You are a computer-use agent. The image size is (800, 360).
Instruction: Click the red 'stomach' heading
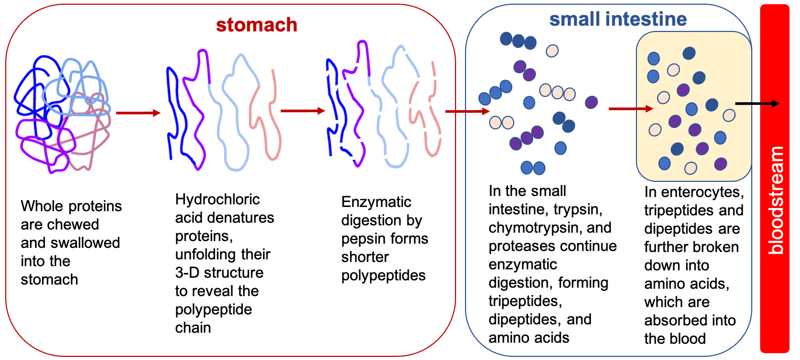[256, 25]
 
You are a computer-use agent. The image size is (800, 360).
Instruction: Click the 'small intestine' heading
[618, 19]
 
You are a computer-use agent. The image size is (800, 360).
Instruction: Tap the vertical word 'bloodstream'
[776, 200]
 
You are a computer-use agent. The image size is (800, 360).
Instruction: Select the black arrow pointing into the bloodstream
[757, 104]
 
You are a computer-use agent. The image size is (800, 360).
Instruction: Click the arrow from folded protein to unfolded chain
[138, 113]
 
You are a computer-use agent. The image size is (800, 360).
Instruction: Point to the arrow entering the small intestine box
[468, 112]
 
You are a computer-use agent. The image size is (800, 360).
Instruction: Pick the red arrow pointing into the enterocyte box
[631, 108]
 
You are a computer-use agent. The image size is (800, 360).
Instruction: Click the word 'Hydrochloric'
[217, 199]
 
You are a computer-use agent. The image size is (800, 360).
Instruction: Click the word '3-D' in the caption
[187, 272]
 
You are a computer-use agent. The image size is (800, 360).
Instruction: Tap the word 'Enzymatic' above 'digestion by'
[376, 202]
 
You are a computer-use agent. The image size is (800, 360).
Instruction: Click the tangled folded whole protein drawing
[62, 114]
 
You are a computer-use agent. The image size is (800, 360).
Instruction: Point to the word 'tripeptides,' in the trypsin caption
[525, 301]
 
